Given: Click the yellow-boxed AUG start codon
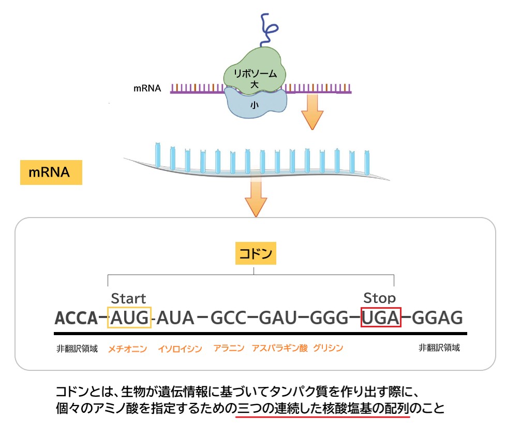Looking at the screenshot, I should tap(129, 317).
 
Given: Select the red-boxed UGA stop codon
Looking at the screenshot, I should tap(381, 317).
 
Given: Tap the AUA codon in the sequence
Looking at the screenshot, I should tap(175, 317).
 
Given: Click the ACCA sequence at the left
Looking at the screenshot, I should tap(76, 317).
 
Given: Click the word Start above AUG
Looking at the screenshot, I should tap(129, 298).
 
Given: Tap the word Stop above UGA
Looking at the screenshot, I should tap(379, 298).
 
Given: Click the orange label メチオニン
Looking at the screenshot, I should tap(127, 349).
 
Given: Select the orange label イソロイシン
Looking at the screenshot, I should tap(180, 349).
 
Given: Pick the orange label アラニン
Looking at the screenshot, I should tap(229, 348).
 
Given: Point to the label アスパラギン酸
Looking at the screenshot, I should tap(279, 348).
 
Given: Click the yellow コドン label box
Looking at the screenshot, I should tap(254, 254).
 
